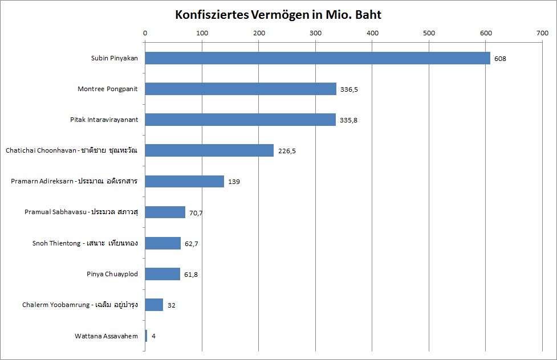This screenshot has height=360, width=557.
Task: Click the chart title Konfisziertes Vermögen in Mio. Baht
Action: (278, 15)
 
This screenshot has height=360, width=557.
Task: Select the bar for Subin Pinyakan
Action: (317, 58)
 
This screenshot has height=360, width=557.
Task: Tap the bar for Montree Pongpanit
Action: (241, 89)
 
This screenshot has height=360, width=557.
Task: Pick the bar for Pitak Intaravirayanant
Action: (240, 120)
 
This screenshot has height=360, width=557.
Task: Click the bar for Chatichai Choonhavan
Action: (209, 150)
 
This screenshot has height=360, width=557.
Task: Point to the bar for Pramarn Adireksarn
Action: (184, 181)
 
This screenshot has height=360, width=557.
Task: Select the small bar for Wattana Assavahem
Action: (146, 336)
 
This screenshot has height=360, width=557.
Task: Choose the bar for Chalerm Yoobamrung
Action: (154, 305)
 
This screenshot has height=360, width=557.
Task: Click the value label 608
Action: (500, 59)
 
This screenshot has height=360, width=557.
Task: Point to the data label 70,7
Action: (196, 212)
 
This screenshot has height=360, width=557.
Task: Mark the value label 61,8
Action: (191, 275)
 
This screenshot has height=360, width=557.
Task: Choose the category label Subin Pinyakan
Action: (114, 58)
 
